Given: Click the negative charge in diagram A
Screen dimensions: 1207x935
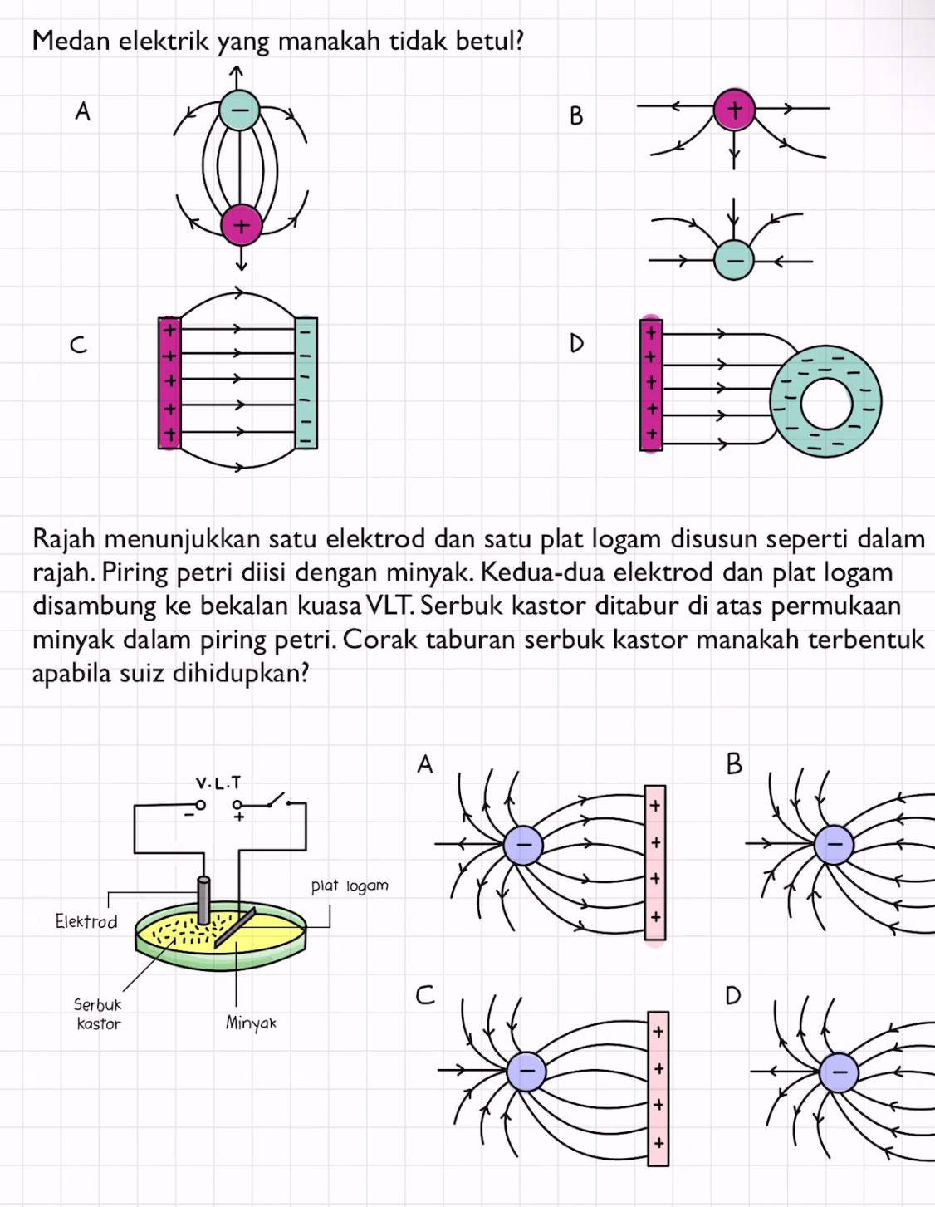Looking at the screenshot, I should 239,109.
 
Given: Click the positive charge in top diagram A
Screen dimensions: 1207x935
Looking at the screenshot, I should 242,225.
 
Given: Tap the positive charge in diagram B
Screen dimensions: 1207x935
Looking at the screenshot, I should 735,110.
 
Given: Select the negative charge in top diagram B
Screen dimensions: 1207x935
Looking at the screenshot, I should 734,260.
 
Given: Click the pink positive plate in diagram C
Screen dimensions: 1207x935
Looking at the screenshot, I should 169,382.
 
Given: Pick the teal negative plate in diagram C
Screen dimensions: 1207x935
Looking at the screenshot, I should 306,382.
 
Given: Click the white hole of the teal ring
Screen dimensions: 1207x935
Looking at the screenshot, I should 826,403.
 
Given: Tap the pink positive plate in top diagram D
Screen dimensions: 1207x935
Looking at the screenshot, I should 651,383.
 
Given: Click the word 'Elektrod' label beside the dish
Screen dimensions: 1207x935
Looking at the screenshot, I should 86,921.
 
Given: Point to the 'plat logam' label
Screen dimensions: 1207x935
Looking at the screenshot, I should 350,886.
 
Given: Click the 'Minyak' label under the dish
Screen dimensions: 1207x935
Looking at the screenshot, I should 251,1023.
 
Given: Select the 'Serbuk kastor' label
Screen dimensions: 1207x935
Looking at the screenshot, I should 98,1014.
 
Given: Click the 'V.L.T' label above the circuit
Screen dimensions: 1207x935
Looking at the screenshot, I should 218,783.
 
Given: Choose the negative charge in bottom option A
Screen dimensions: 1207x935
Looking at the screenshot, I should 523,846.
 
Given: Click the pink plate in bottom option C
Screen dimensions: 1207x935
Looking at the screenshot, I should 658,1088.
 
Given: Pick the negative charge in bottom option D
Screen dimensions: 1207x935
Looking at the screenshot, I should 840,1072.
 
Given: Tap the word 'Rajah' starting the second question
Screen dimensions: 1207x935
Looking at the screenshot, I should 65,539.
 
